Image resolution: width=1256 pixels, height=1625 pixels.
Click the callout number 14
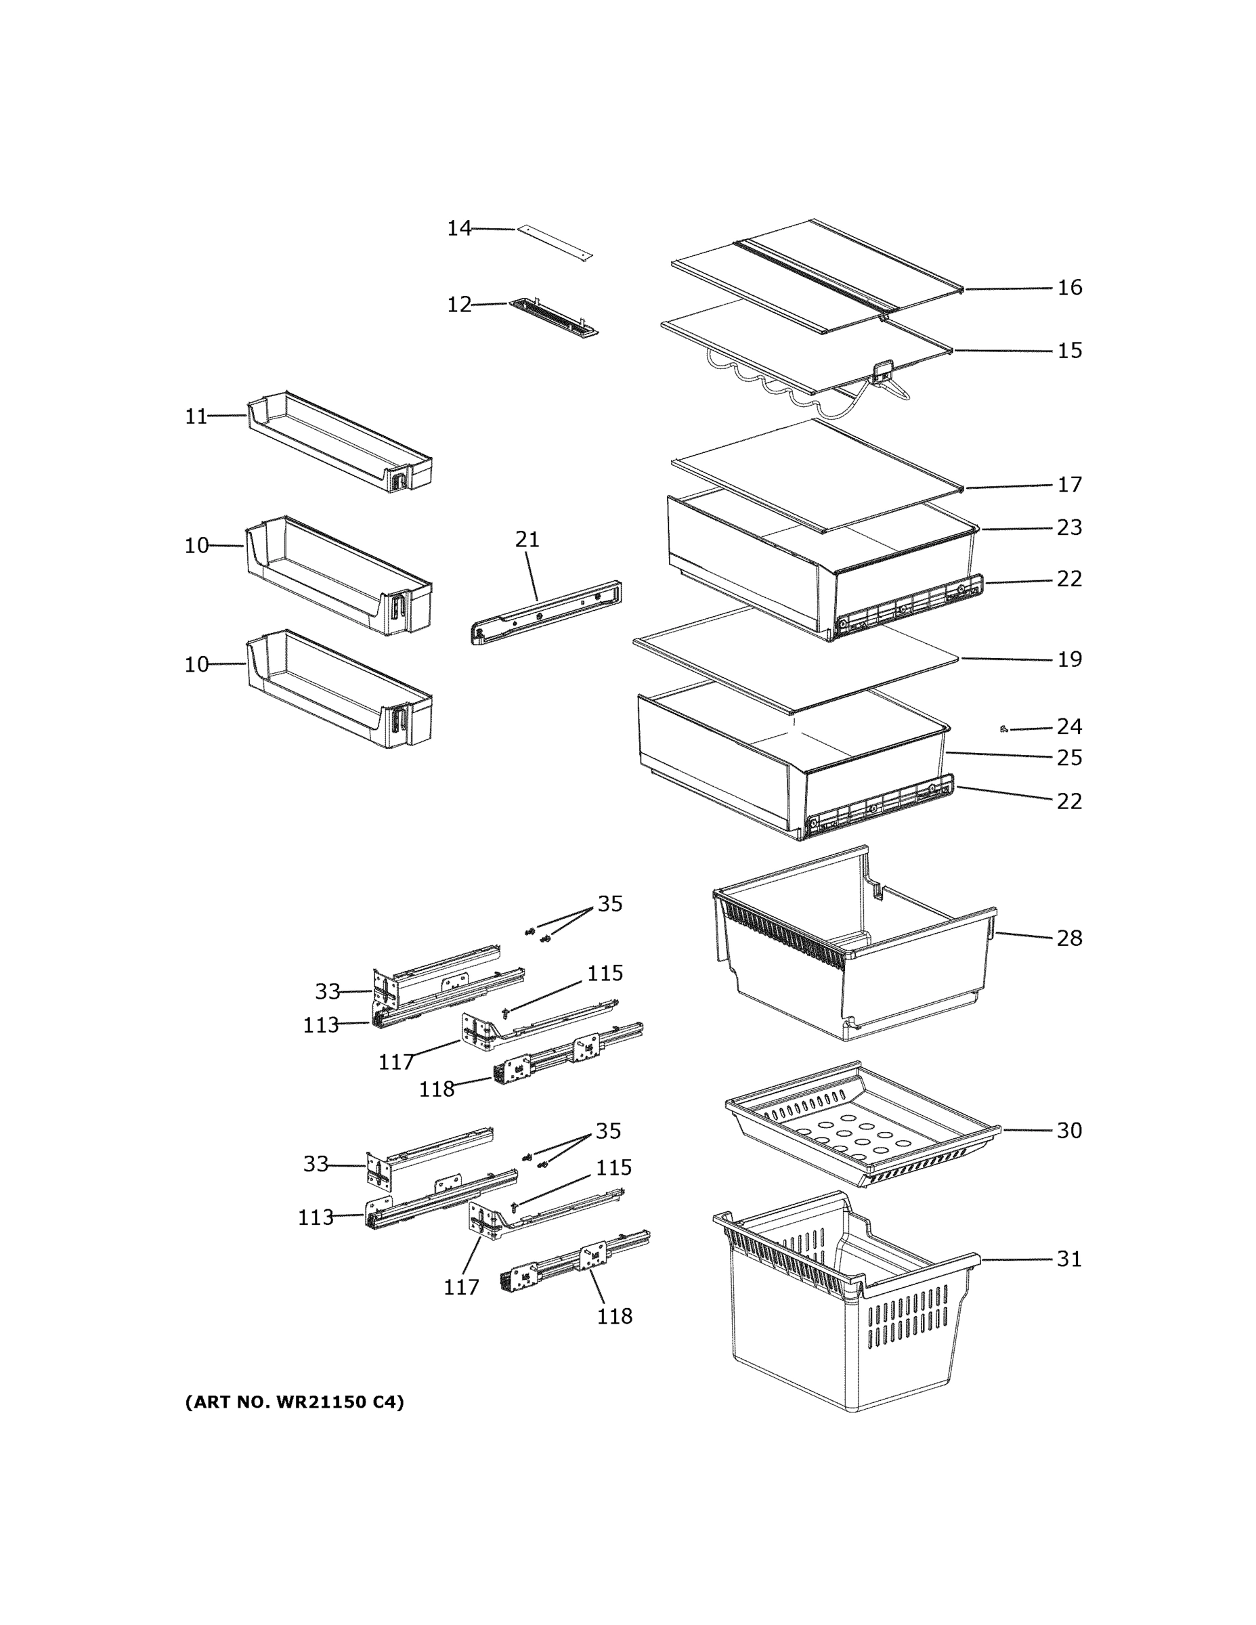click(459, 228)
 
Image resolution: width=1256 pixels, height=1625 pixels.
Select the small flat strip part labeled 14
click(555, 243)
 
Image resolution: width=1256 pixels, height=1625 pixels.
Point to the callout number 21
click(527, 540)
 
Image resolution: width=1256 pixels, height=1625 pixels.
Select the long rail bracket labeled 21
click(547, 612)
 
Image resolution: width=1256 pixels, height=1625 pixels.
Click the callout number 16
click(1069, 287)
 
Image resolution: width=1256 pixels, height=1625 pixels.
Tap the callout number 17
click(1069, 484)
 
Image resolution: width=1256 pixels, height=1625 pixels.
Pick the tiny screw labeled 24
click(1003, 729)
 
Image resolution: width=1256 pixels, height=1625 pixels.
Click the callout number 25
click(1069, 758)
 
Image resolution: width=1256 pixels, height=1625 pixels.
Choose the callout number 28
click(1069, 938)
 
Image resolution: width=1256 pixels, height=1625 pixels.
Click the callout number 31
click(1069, 1259)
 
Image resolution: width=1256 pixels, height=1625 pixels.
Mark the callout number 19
click(1069, 659)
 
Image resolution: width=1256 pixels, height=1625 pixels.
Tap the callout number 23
click(1069, 527)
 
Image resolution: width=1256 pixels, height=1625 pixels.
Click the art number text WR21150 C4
click(294, 1402)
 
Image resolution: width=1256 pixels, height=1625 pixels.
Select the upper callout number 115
click(605, 973)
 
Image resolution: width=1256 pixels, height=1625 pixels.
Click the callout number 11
click(196, 416)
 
